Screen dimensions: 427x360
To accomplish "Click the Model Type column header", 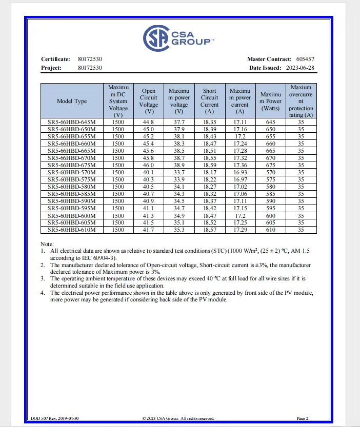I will click(72, 101).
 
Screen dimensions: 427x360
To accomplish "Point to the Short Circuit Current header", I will click(209, 101).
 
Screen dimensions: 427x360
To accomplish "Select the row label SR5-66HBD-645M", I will click(72, 122).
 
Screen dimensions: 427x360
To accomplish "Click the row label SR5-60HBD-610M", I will click(72, 230).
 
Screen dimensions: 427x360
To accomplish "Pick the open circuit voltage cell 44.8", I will click(148, 122).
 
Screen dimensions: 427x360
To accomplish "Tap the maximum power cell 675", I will click(270, 165).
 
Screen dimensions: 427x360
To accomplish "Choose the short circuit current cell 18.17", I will click(209, 172).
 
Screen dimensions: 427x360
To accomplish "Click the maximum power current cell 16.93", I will click(239, 172).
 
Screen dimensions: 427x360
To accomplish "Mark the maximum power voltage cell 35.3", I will click(178, 230).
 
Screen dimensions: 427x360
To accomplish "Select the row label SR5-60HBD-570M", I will click(72, 172).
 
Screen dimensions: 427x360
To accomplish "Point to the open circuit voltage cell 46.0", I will click(148, 165).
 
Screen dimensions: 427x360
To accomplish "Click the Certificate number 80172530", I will click(90, 59).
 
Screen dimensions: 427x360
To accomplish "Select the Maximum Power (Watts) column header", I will click(270, 101).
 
